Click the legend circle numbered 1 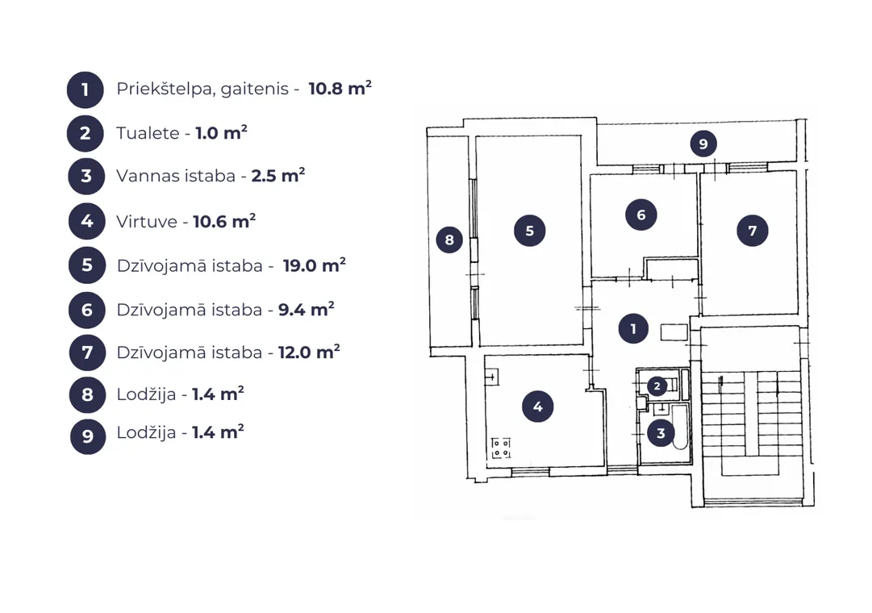click(85, 90)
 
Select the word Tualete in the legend click(148, 133)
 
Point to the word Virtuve click(147, 221)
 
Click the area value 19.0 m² click(315, 265)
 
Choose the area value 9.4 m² click(306, 309)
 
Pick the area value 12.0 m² click(309, 352)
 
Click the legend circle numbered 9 click(88, 436)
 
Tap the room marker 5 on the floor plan click(529, 231)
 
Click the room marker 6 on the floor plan click(641, 215)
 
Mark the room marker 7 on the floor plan click(753, 231)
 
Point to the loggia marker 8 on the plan click(449, 240)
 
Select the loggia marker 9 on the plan click(703, 144)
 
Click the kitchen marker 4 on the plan click(538, 407)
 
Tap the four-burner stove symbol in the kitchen click(501, 448)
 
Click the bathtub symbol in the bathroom click(680, 427)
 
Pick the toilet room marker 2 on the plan click(657, 386)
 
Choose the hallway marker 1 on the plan click(633, 329)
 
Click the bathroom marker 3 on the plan click(661, 433)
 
